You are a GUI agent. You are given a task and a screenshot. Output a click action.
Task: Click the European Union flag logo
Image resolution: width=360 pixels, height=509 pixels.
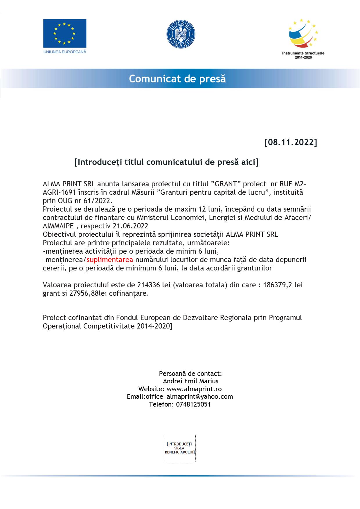pyautogui.click(x=65, y=33)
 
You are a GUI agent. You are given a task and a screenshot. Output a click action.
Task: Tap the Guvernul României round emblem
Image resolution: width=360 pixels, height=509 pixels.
pyautogui.click(x=181, y=34)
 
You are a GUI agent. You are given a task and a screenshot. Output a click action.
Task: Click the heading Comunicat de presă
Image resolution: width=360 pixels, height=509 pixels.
pyautogui.click(x=177, y=79)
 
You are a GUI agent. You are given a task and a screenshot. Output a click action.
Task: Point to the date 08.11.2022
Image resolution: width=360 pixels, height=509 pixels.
pyautogui.click(x=291, y=142)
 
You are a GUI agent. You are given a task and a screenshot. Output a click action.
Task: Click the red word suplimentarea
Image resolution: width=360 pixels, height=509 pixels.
pyautogui.click(x=110, y=259)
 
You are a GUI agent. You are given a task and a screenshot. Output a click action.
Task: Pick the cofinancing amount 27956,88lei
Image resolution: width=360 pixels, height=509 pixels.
pyautogui.click(x=84, y=293)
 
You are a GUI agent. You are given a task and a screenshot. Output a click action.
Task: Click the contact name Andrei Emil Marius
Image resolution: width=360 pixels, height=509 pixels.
pyautogui.click(x=190, y=381)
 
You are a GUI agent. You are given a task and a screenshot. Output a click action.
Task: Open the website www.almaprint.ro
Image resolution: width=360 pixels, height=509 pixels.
pyautogui.click(x=194, y=389)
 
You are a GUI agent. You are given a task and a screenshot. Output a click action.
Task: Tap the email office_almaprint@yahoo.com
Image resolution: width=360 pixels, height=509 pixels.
pyautogui.click(x=189, y=397)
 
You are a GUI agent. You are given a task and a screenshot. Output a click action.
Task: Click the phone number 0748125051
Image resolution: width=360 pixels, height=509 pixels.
pyautogui.click(x=193, y=404)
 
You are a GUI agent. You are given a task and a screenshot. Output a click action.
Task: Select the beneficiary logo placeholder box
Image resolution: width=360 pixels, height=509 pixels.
pyautogui.click(x=180, y=448)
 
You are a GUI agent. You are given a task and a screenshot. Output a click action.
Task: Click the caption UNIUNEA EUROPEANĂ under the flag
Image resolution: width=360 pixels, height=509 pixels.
pyautogui.click(x=65, y=52)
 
